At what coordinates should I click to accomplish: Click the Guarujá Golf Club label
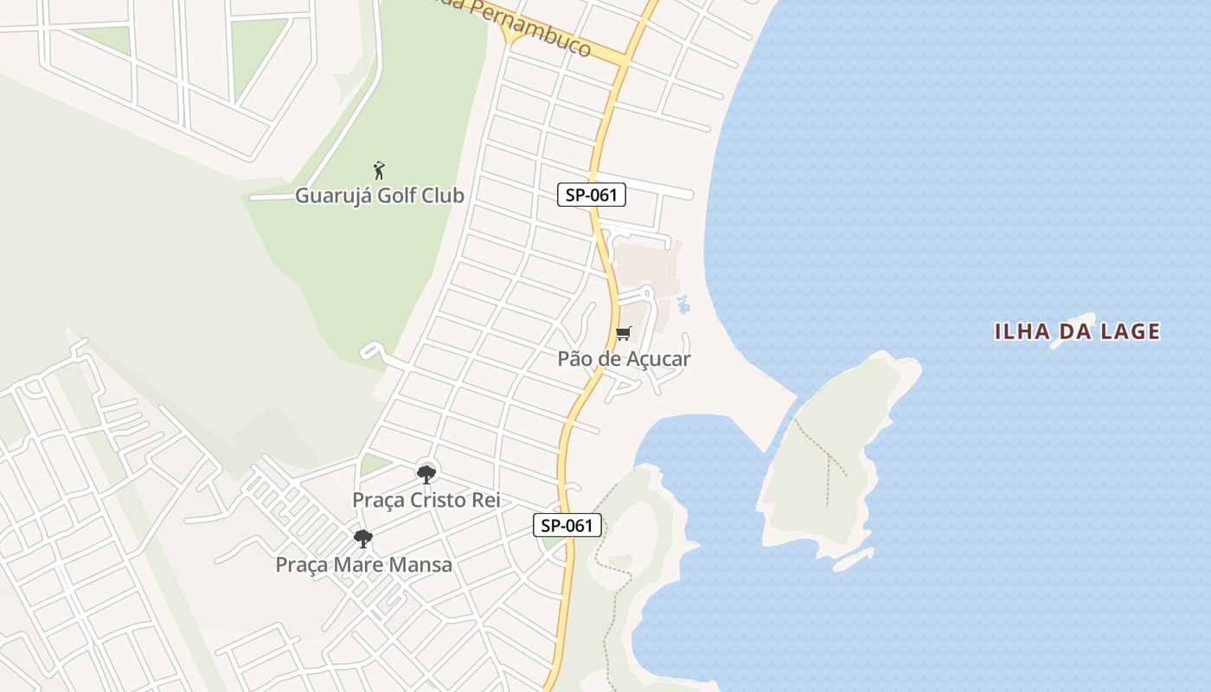pyautogui.click(x=380, y=195)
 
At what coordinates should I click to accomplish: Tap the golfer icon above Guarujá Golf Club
pyautogui.click(x=379, y=170)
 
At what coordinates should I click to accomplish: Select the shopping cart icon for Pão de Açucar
pyautogui.click(x=624, y=334)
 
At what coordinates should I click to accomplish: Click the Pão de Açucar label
pyautogui.click(x=624, y=358)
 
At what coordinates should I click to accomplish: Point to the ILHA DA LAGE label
pyautogui.click(x=1077, y=331)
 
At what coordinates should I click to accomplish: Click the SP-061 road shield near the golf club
pyautogui.click(x=592, y=195)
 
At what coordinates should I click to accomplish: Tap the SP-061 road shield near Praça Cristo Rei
pyautogui.click(x=567, y=524)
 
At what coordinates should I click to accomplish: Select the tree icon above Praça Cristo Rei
pyautogui.click(x=426, y=474)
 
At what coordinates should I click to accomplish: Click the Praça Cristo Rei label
pyautogui.click(x=426, y=500)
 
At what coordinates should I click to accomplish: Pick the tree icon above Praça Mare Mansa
pyautogui.click(x=363, y=539)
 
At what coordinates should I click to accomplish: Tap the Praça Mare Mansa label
pyautogui.click(x=363, y=565)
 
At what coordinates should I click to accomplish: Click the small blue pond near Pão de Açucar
pyautogui.click(x=683, y=304)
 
